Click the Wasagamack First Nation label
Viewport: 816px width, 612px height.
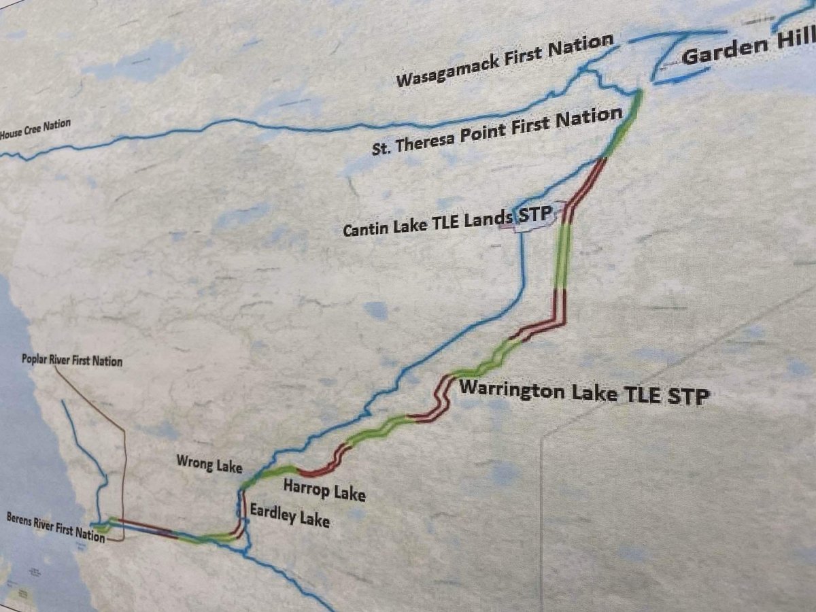click(x=504, y=61)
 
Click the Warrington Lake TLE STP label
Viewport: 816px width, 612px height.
click(x=584, y=394)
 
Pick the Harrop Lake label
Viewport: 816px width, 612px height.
click(x=324, y=490)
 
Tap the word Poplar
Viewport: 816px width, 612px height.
click(x=35, y=358)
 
